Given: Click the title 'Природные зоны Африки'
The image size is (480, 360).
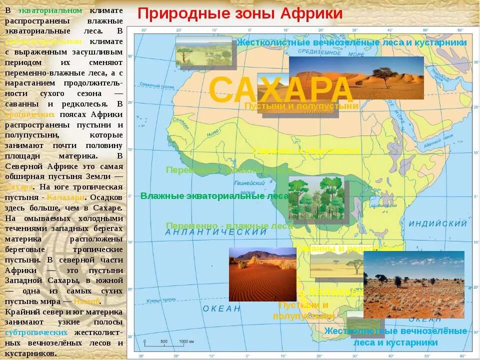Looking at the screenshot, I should [240, 13].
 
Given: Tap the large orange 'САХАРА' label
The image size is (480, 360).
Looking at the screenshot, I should [281, 90].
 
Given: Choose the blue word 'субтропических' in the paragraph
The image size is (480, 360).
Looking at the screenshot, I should [36, 332].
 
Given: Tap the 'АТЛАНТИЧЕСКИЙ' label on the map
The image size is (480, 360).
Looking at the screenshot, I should [216, 232].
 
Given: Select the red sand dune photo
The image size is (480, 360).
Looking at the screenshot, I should [262, 274].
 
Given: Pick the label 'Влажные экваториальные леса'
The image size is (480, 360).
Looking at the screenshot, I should [214, 196].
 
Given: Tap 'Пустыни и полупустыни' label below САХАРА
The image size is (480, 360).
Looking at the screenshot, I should [301, 106].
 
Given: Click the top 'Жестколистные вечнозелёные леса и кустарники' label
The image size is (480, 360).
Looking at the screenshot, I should [351, 42].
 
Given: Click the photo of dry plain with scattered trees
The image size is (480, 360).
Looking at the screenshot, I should [413, 284].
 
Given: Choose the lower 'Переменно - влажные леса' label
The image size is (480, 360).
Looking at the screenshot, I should [229, 226].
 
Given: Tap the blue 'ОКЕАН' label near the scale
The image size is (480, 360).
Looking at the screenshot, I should [221, 308].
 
